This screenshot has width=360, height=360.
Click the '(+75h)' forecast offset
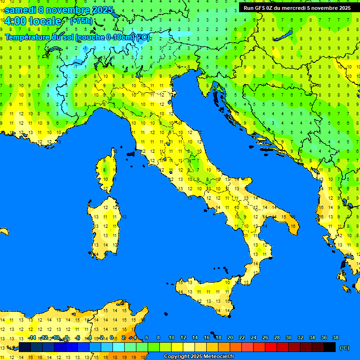tap(82, 21)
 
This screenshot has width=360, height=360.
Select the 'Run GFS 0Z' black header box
tap(296, 8)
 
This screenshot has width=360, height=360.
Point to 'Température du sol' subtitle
tap(40, 37)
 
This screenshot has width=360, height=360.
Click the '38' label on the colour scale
tap(335, 337)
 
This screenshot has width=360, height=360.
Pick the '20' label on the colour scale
tap(230, 337)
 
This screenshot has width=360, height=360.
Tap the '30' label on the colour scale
tap(288, 337)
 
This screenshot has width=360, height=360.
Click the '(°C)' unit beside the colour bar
tap(344, 348)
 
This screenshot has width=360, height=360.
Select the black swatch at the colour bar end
tap(330, 347)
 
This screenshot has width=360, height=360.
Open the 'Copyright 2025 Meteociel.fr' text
tap(199, 357)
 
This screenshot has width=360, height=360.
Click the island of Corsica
tap(107, 171)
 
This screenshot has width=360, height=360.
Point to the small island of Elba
tap(131, 154)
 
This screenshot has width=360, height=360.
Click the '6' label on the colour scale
tap(147, 337)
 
